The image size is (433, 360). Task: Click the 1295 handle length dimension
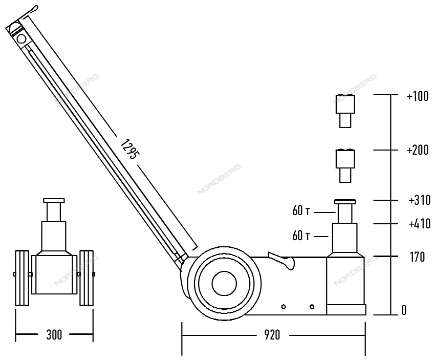tap(128, 150)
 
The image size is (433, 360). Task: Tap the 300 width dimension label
tap(54, 335)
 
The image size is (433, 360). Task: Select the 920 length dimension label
tap(272, 335)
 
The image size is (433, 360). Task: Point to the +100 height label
tap(418, 96)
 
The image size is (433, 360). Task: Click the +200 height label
tap(418, 150)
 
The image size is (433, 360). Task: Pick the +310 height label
tap(420, 200)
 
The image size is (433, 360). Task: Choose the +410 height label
tap(420, 224)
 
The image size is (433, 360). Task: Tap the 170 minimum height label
tap(417, 257)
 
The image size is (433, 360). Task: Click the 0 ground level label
tap(404, 310)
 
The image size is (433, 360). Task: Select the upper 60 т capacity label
tap(301, 211)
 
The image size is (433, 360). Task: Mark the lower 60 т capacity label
tap(301, 236)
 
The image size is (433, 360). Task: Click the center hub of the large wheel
tap(224, 284)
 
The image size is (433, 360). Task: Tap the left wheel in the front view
tap(22, 278)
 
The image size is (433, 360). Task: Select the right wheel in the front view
tap(86, 278)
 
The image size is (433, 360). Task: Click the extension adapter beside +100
tap(345, 111)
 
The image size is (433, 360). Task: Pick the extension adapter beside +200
tap(345, 166)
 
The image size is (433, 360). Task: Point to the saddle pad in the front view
tap(54, 200)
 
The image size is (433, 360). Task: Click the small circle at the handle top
tap(21, 39)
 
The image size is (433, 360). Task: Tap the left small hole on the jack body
tap(284, 306)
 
